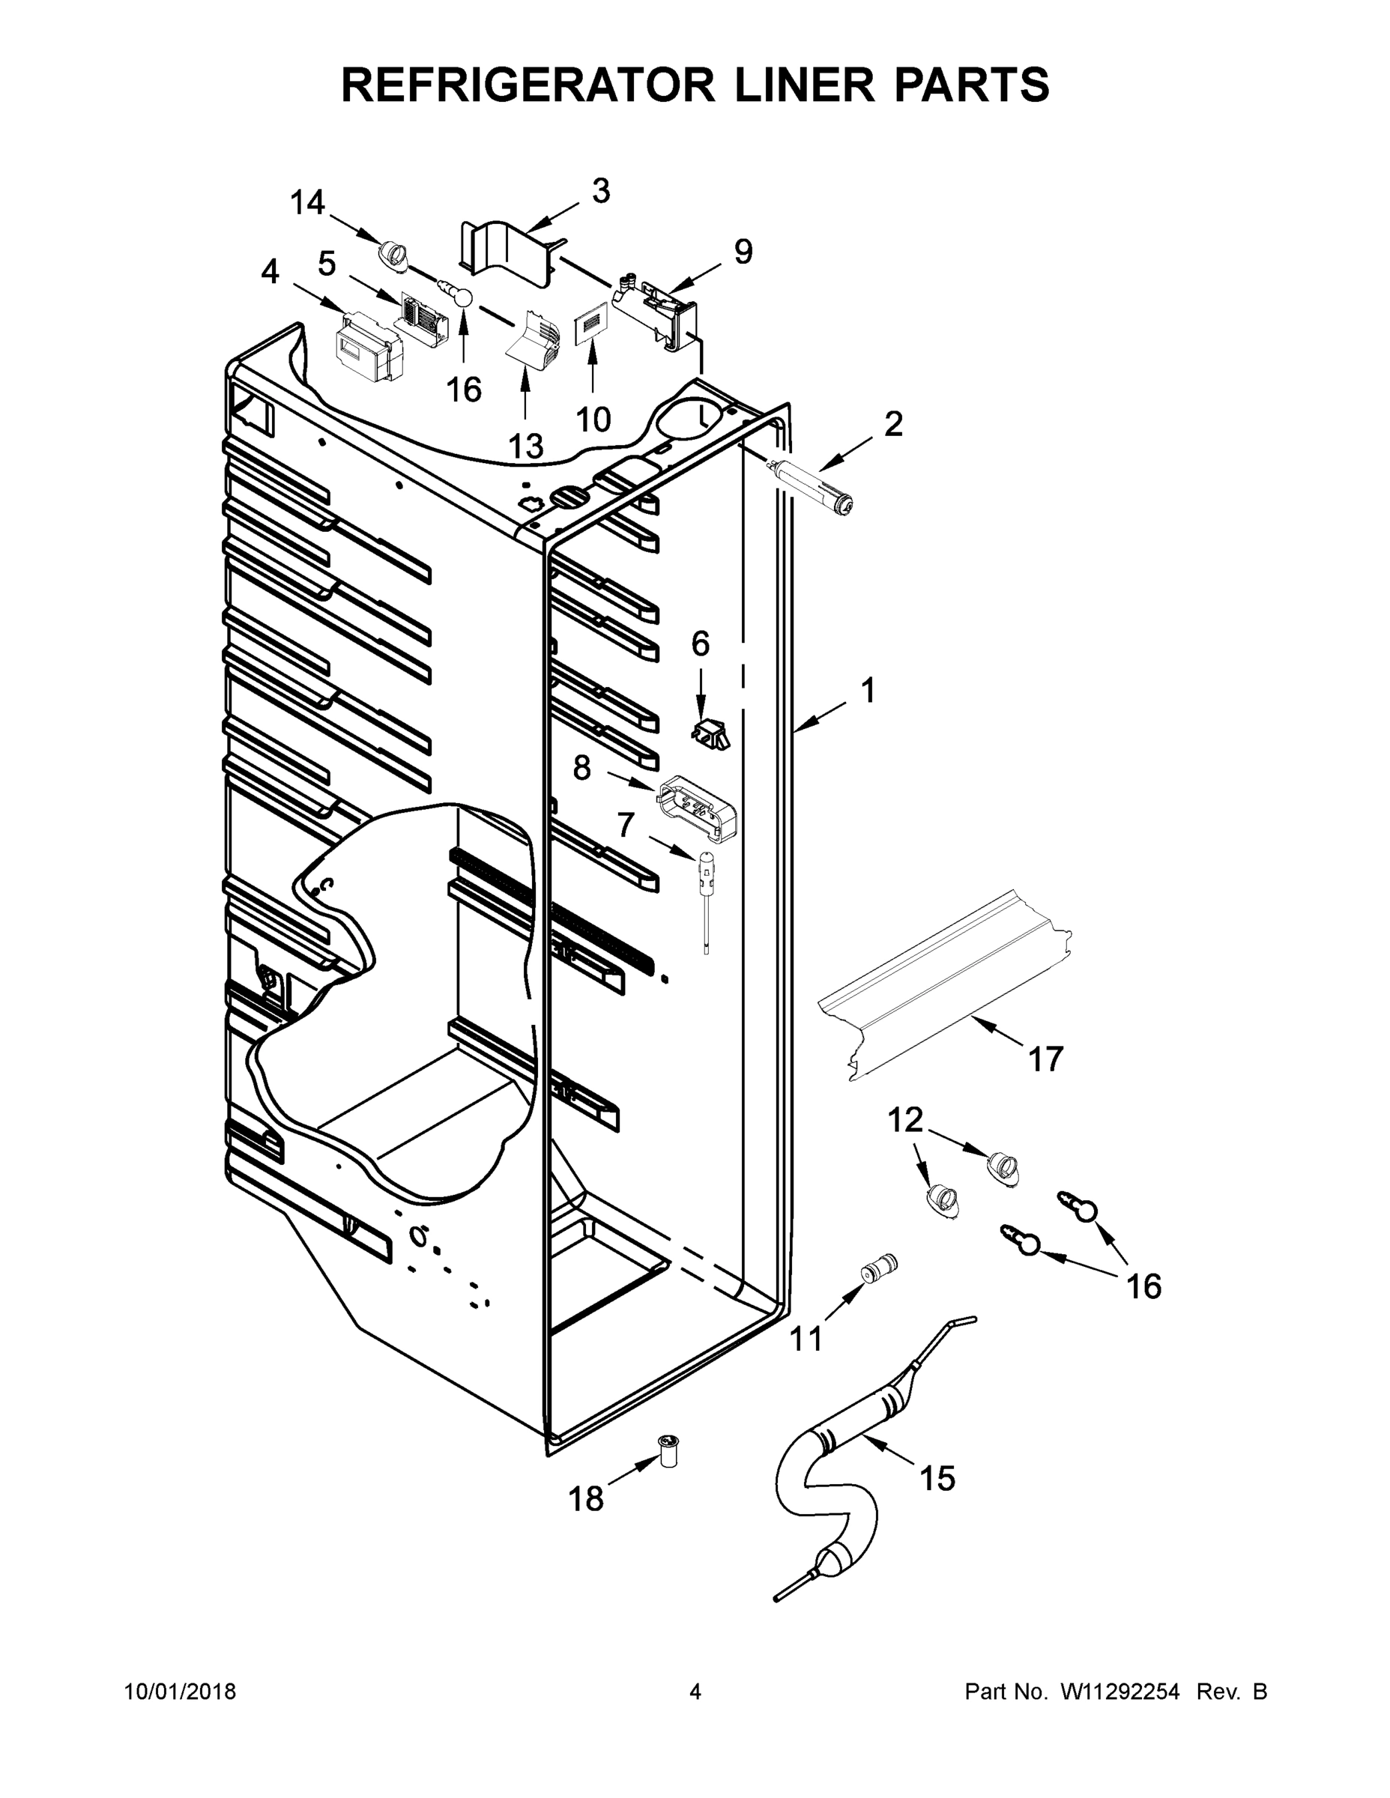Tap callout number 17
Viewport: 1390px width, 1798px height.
coord(1046,1059)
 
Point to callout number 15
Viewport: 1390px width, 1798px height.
coord(937,1479)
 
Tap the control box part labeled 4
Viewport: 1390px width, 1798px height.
coord(369,349)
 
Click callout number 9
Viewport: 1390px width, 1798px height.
coord(743,252)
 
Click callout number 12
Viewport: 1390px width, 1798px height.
coord(905,1121)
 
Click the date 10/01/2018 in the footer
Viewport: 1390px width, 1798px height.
coord(181,1692)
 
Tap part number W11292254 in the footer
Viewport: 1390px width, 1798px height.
coord(1120,1692)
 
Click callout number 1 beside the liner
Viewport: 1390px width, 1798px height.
coord(867,690)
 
